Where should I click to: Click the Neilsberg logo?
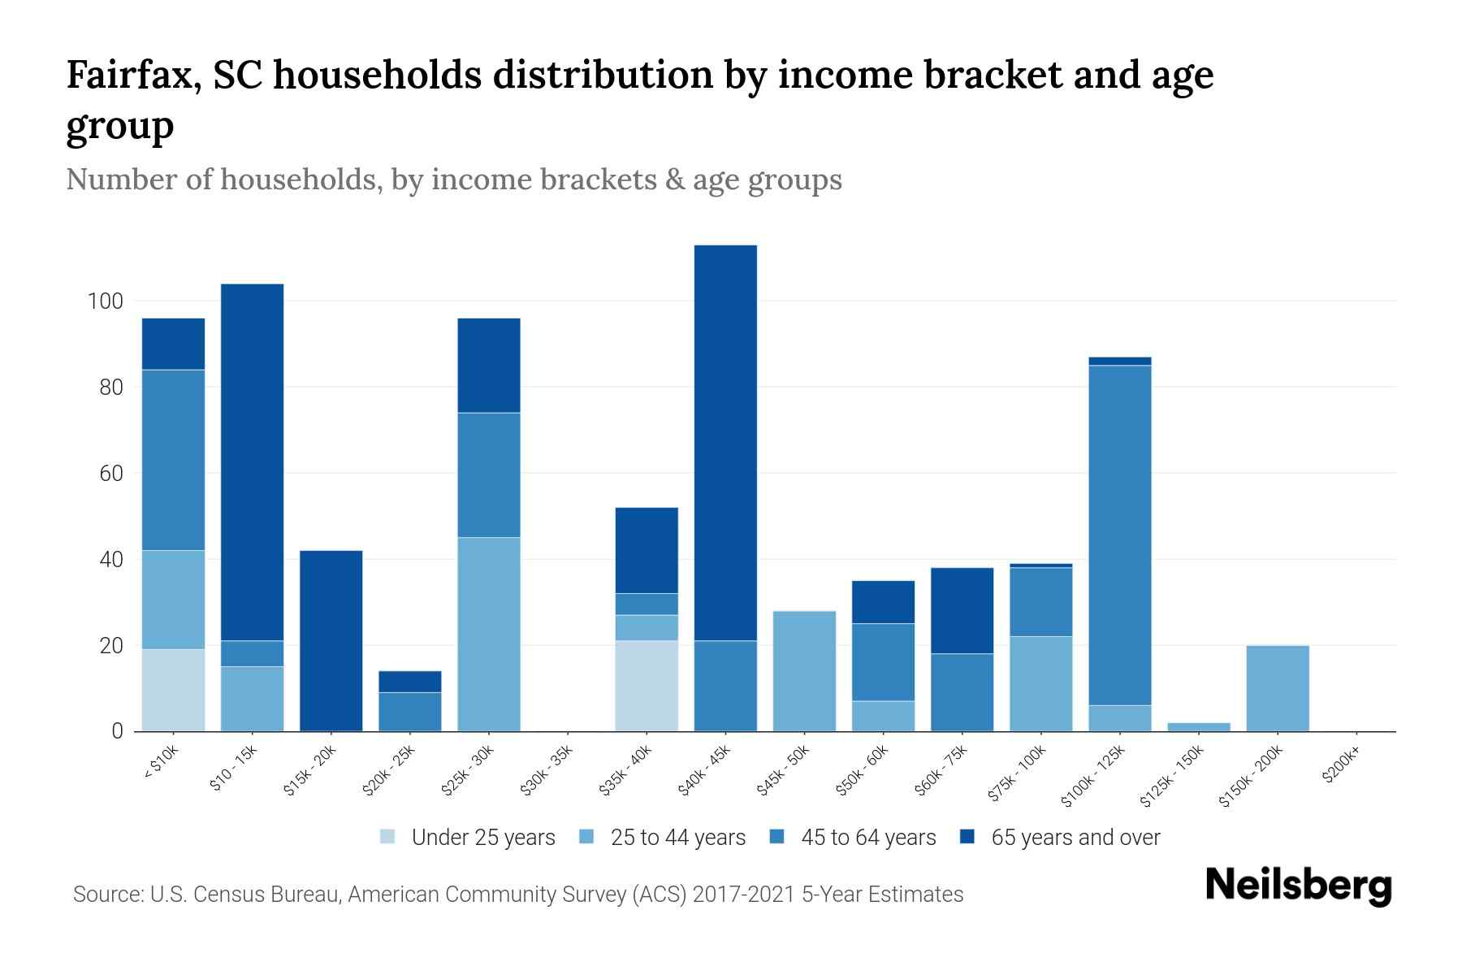[x=1298, y=886]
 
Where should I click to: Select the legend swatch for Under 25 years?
[x=388, y=837]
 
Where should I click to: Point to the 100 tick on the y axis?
[x=105, y=301]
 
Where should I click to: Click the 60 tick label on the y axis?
[x=110, y=474]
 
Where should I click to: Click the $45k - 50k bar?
[x=804, y=671]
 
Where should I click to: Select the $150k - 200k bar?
[x=1278, y=688]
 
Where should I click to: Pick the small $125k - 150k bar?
[x=1199, y=726]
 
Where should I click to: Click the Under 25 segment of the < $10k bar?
[x=173, y=690]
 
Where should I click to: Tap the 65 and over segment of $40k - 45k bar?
[x=725, y=443]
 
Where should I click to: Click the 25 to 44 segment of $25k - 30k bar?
[x=489, y=634]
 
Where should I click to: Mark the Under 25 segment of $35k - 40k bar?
[x=647, y=686]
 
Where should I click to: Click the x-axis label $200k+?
[x=1341, y=767]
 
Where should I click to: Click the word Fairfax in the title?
[x=132, y=75]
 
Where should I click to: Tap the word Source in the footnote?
[x=106, y=895]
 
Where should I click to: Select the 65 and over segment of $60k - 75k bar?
[x=962, y=610]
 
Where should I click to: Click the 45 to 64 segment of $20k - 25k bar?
[x=409, y=712]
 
